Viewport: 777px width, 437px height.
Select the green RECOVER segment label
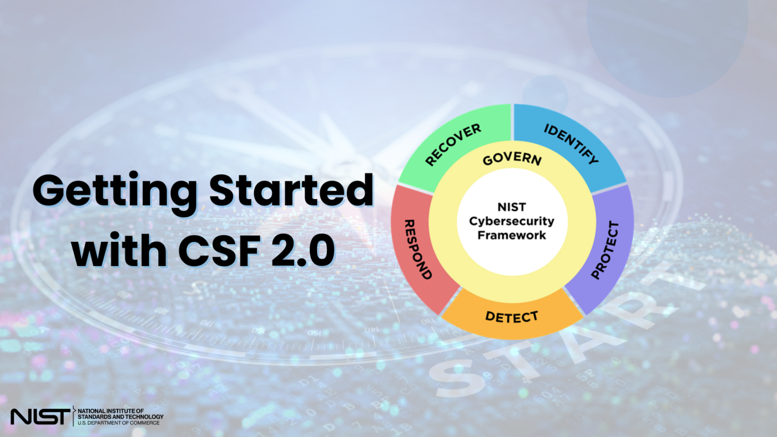pyautogui.click(x=453, y=145)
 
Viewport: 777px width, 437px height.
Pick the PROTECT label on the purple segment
pyautogui.click(x=604, y=250)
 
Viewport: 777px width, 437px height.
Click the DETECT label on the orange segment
pyautogui.click(x=512, y=317)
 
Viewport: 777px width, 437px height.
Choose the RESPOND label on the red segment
pyautogui.click(x=418, y=249)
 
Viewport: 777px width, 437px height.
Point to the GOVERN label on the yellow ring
pyautogui.click(x=512, y=160)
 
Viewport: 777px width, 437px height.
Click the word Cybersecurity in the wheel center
pyautogui.click(x=512, y=221)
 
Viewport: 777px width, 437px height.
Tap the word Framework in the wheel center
pyautogui.click(x=512, y=235)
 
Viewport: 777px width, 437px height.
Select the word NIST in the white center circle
pyautogui.click(x=512, y=207)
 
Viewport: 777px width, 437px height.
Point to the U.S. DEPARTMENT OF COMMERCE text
pyautogui.click(x=119, y=423)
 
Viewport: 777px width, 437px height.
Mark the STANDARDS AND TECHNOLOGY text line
pyautogui.click(x=120, y=416)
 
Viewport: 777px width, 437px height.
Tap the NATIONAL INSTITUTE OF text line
pyautogui.click(x=111, y=410)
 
